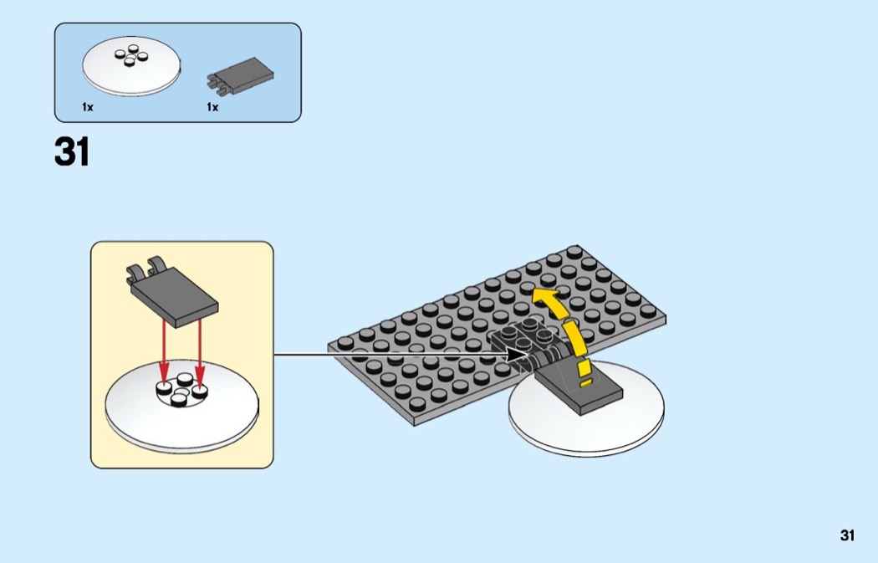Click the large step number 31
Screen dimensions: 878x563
(72, 151)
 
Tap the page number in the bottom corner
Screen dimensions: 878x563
(847, 535)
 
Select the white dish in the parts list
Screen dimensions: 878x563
(131, 66)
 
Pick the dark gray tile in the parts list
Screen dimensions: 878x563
(241, 75)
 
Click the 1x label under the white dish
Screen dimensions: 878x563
(87, 106)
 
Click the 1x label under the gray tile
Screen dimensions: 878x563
(212, 106)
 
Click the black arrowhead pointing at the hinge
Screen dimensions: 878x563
(518, 354)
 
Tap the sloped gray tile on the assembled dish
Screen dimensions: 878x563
(579, 386)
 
